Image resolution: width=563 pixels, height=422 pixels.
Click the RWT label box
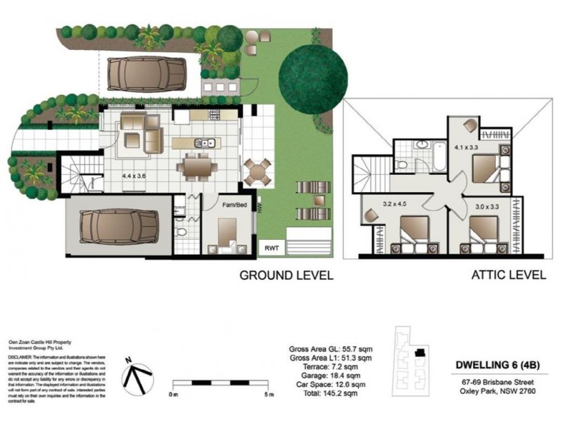270,248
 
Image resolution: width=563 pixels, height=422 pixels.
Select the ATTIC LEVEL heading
508,274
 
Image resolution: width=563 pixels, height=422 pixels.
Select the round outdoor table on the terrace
257,171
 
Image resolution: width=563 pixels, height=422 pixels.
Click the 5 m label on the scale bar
269,395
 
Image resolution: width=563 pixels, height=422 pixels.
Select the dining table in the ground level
194,167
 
